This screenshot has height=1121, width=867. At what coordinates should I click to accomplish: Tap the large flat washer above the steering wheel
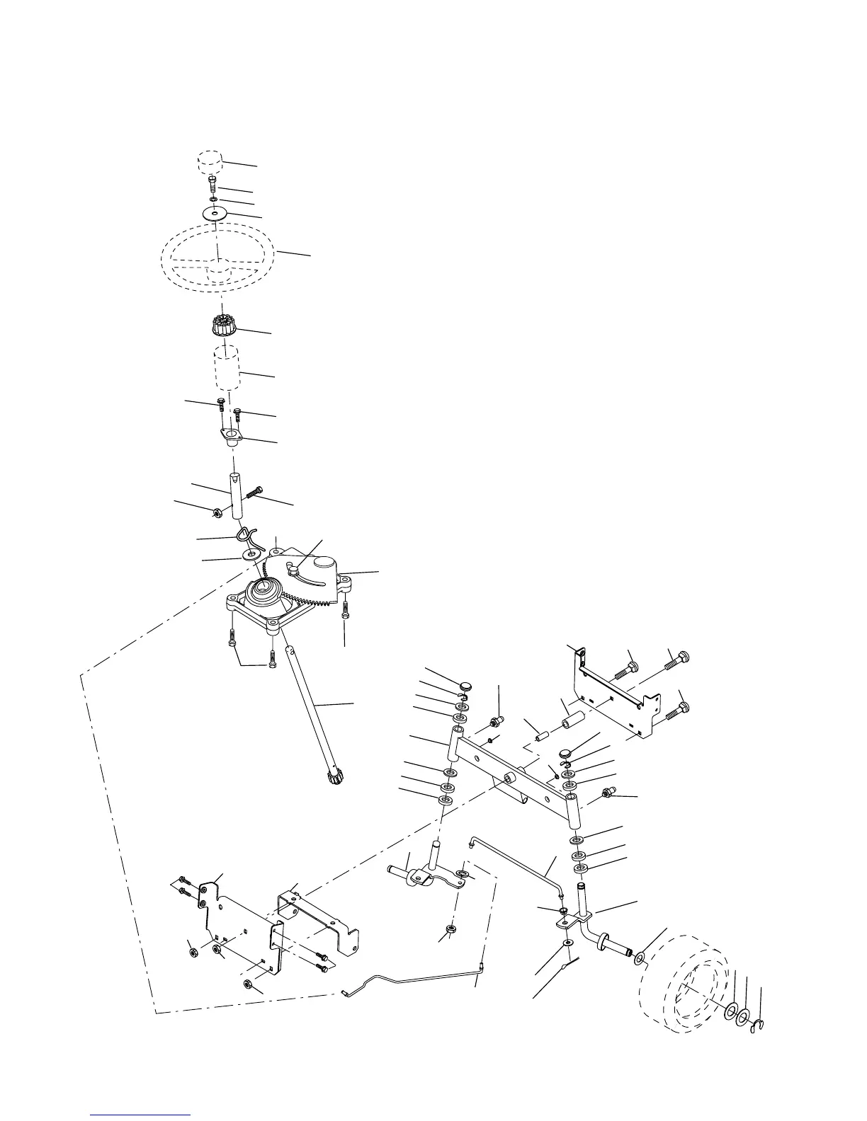(x=213, y=212)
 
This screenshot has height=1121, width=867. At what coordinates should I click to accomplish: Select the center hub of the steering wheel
(x=218, y=268)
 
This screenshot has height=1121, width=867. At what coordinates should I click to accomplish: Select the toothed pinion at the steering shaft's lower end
(x=335, y=778)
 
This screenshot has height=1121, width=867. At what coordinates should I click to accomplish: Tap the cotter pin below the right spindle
(x=569, y=966)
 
